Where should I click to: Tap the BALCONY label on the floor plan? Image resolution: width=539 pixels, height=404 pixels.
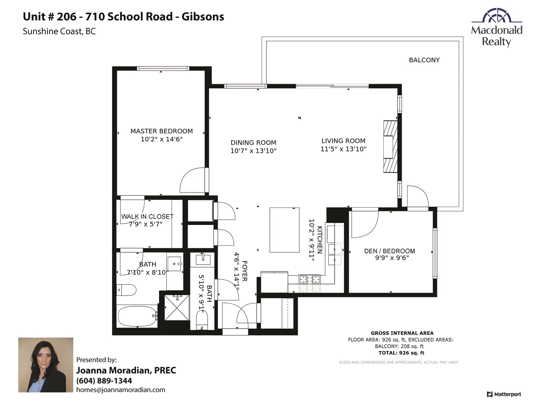point(424,60)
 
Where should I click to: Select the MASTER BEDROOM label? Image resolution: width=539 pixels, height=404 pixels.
point(162,131)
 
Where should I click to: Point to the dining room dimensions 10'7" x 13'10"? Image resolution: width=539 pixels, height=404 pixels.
point(253,150)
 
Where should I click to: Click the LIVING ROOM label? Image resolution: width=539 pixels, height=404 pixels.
point(343,141)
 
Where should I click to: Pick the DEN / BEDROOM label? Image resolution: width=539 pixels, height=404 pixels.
point(389,251)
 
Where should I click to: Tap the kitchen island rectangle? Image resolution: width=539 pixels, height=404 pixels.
point(284,230)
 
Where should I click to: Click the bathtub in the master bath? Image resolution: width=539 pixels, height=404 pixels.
point(137,316)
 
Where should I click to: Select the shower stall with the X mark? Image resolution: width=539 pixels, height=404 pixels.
point(177,308)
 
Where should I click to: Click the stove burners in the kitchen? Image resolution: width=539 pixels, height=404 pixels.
point(309,284)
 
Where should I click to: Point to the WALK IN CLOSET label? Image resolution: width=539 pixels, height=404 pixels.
point(147,216)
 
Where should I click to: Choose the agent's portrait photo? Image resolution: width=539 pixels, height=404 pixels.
point(46,365)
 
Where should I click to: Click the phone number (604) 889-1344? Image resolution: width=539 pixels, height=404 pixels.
point(104,381)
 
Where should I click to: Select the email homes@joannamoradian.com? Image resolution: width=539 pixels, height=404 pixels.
point(121,390)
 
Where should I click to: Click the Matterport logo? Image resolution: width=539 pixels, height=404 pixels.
point(504,394)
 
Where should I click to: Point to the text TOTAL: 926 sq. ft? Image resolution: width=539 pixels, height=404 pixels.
point(401,353)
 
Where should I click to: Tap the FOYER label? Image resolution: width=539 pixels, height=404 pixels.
point(245,271)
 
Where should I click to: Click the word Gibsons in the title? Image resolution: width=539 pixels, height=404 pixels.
point(203,17)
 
